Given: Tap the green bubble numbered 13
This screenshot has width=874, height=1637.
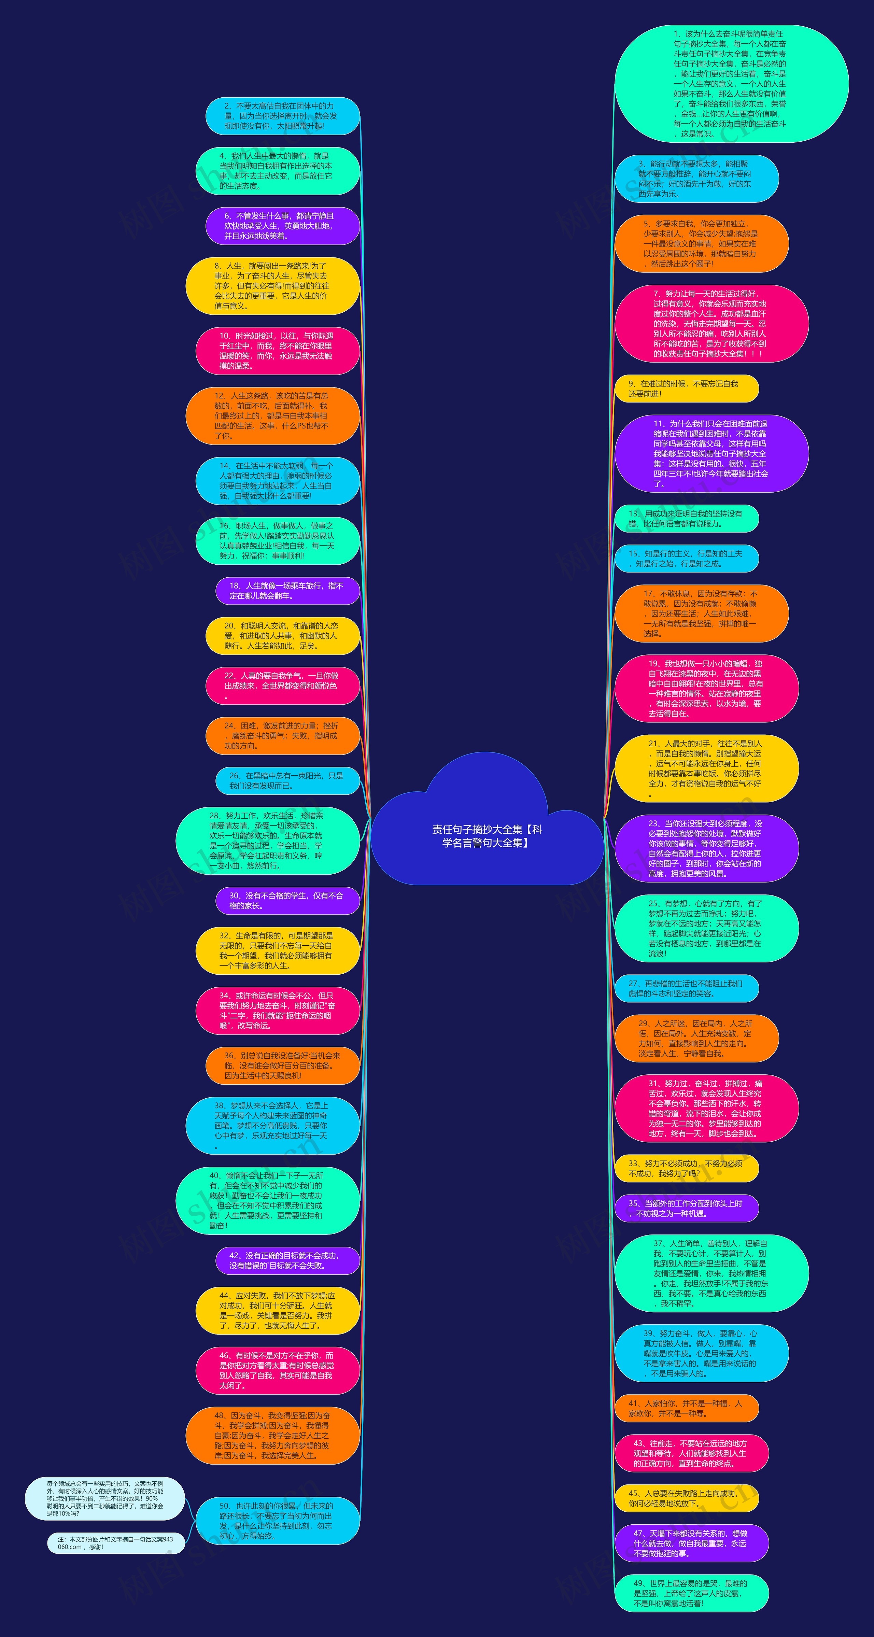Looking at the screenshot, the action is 687,519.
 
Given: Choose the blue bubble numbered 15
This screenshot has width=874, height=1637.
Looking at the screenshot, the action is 687,559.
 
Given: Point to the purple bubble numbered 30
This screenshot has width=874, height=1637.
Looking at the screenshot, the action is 287,901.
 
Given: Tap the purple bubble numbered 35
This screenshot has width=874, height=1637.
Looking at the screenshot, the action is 687,1209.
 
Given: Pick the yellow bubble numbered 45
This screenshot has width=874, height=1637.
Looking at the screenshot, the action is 687,1498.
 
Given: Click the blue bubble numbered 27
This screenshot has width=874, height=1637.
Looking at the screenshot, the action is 687,988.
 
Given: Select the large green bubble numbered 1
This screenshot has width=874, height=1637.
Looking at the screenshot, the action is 731,84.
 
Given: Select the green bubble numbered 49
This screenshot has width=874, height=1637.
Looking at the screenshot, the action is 692,1593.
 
